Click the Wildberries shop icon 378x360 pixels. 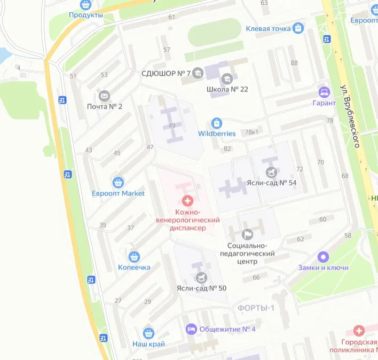(x=217, y=123)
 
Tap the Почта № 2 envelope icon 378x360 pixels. (x=104, y=96)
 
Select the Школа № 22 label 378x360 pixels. (x=227, y=89)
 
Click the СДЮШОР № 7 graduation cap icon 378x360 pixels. (x=198, y=73)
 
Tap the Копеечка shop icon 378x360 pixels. (x=134, y=256)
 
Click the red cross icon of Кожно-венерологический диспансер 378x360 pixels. (x=187, y=201)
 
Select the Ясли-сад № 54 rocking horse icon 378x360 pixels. (x=272, y=172)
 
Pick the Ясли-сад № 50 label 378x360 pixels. (x=201, y=288)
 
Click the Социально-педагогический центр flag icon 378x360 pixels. (x=247, y=234)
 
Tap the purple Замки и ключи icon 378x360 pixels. (x=322, y=257)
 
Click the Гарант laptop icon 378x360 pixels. (x=324, y=92)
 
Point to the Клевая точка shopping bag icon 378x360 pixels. (x=298, y=28)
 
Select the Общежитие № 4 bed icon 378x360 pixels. (x=191, y=329)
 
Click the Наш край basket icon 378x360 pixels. (x=148, y=333)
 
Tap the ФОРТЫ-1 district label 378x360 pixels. (x=256, y=308)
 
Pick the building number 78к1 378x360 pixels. (x=251, y=132)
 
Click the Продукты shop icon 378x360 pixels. (x=85, y=5)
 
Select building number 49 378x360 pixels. (x=172, y=126)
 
